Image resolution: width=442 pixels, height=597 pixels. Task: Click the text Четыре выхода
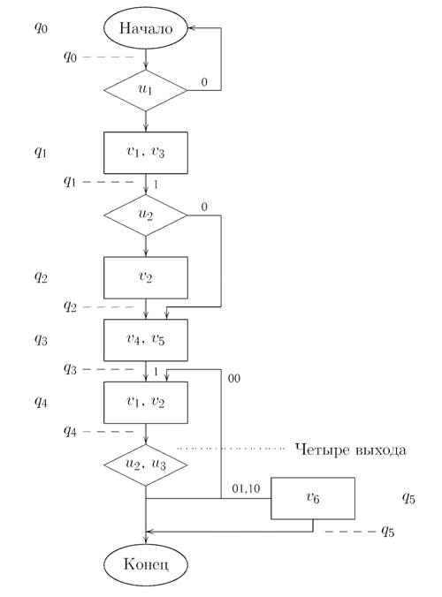[351, 450]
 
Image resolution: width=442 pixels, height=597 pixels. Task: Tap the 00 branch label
[234, 379]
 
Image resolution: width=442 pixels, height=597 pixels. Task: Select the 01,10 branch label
[246, 488]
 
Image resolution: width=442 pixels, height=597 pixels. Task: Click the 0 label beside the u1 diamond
[204, 82]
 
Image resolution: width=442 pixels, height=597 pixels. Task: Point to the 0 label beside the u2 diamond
[204, 208]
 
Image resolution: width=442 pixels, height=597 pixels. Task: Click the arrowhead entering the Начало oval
[191, 27]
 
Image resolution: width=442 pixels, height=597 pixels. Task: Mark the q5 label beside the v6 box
[408, 498]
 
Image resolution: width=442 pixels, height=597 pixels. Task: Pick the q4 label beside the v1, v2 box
[41, 402]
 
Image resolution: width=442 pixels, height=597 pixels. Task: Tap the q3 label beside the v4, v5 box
[41, 340]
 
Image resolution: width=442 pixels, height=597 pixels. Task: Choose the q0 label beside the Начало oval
[41, 27]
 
